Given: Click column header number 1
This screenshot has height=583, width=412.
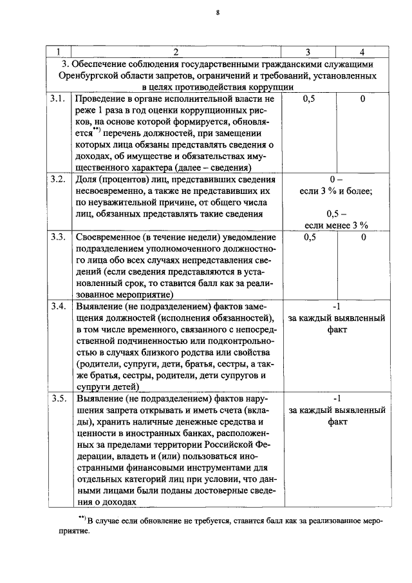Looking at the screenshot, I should tap(59, 52).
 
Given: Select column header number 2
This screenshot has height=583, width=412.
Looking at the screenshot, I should tap(175, 52).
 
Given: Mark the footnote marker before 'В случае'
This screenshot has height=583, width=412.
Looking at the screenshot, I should tap(82, 519).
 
